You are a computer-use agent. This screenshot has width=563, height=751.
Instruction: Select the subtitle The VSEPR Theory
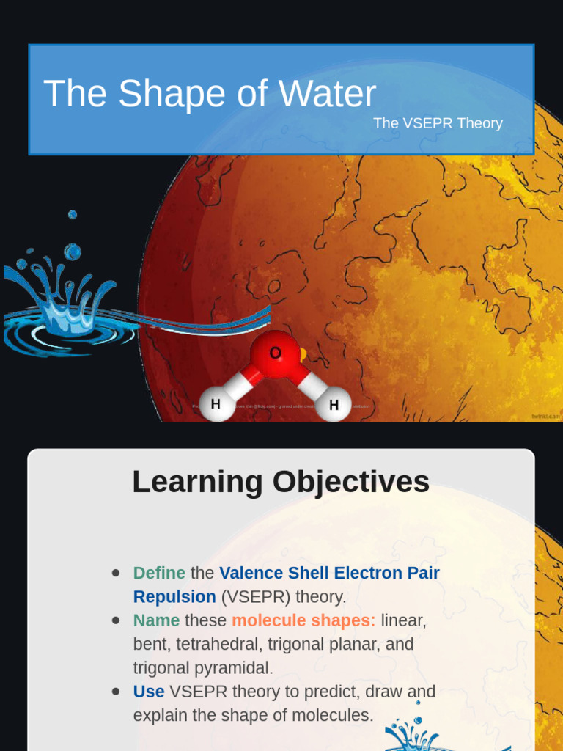(x=438, y=123)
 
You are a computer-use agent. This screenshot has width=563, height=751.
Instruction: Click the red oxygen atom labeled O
(x=275, y=354)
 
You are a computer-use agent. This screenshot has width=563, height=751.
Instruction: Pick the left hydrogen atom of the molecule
(x=216, y=404)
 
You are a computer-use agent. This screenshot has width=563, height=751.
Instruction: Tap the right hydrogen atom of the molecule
(x=334, y=405)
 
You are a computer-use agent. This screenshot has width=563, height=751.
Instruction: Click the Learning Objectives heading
(x=281, y=482)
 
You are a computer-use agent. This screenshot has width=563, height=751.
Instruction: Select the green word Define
(x=159, y=573)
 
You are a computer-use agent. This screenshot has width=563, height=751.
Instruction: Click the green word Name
(x=156, y=620)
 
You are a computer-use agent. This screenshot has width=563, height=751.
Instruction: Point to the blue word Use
(x=148, y=692)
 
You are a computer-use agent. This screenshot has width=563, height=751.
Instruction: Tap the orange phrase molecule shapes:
(x=303, y=620)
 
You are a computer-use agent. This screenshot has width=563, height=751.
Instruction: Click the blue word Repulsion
(x=174, y=596)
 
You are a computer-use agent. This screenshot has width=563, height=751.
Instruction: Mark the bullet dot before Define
(x=116, y=573)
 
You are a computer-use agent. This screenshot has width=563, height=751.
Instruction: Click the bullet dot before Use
(x=116, y=692)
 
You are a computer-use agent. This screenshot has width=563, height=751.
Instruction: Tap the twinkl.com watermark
(x=545, y=416)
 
